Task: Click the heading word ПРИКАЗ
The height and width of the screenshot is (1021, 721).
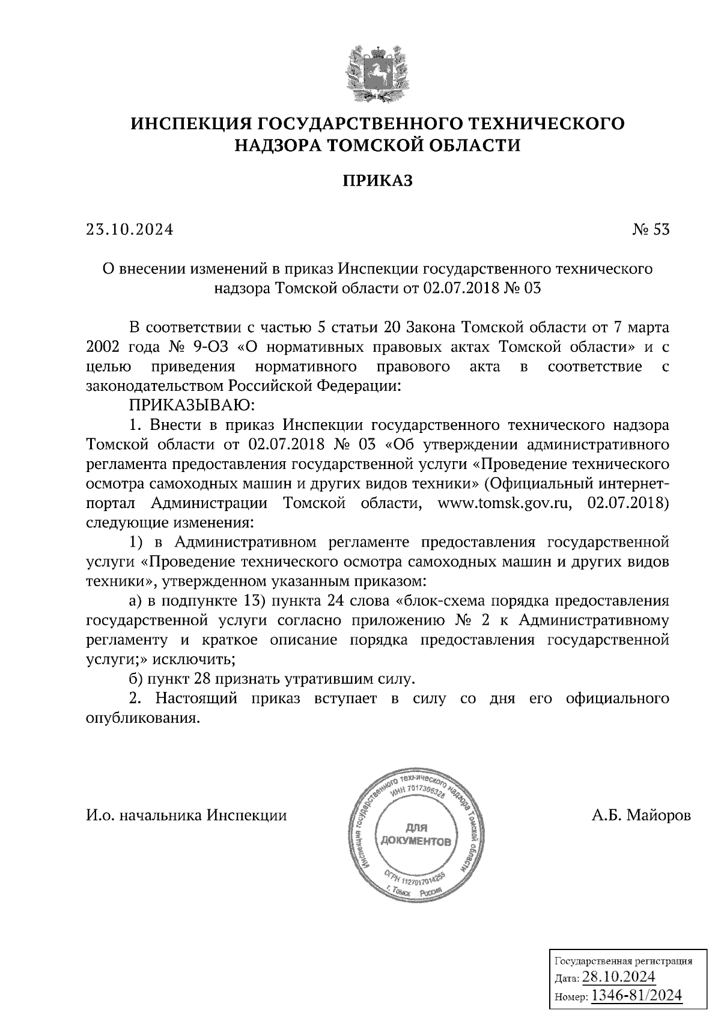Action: [378, 180]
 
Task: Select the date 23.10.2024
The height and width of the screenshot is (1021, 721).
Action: [129, 230]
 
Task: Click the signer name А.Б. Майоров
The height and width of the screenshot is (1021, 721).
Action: [641, 815]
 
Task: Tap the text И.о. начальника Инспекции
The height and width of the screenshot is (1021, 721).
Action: [186, 815]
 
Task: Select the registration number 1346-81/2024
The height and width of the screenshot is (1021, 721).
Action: [637, 996]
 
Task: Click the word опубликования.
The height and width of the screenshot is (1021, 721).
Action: [142, 718]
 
